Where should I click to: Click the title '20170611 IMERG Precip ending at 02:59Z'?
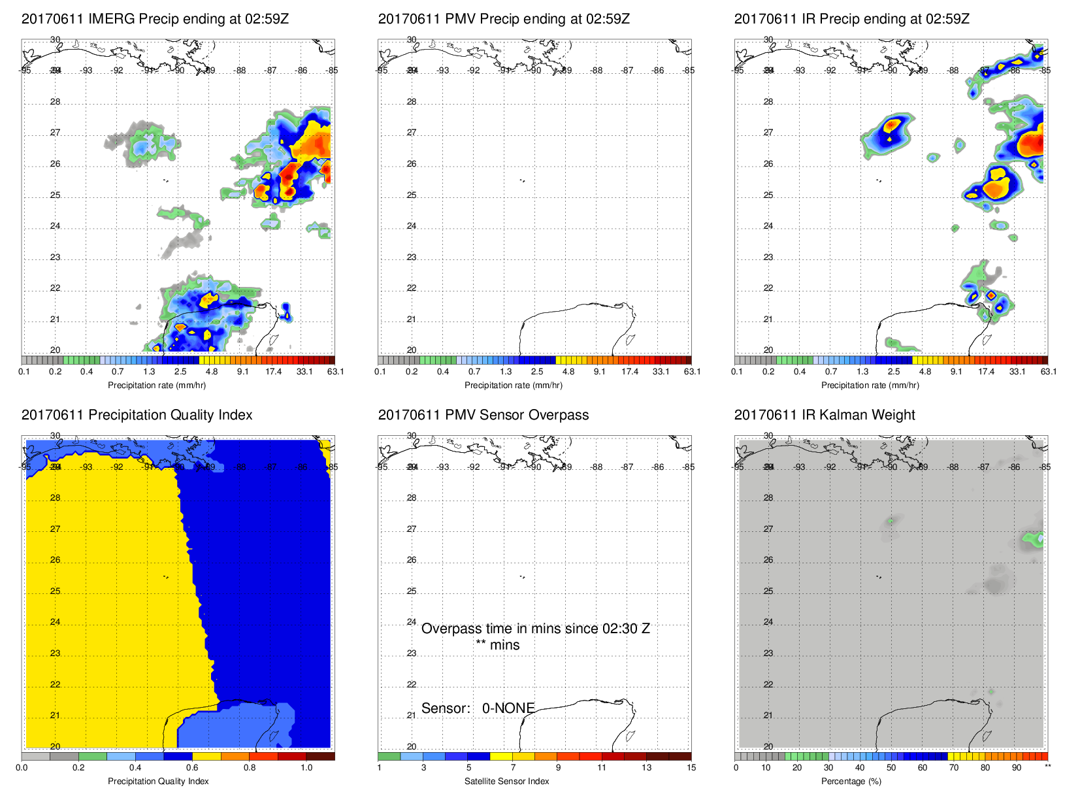(x=155, y=19)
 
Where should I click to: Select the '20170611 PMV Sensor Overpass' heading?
(x=483, y=415)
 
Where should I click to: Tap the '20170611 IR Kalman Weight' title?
(x=824, y=415)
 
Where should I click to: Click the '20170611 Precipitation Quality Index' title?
(x=137, y=415)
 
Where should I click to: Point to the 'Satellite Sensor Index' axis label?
(x=506, y=781)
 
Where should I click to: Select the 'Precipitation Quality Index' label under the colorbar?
(x=158, y=781)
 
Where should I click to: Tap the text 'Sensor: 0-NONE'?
(x=478, y=708)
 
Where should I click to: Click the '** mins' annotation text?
(x=497, y=645)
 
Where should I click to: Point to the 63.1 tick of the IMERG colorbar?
(x=335, y=372)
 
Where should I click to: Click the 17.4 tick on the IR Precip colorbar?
(x=986, y=372)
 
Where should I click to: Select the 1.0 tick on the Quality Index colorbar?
(x=306, y=768)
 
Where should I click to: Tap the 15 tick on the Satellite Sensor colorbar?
(x=691, y=768)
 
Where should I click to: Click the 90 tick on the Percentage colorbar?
(x=1016, y=768)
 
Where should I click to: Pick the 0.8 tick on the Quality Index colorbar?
(x=250, y=768)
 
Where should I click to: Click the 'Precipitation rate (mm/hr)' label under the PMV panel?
(x=513, y=385)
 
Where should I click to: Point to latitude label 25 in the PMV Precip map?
(x=412, y=195)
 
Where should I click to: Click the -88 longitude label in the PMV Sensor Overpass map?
(x=597, y=467)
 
